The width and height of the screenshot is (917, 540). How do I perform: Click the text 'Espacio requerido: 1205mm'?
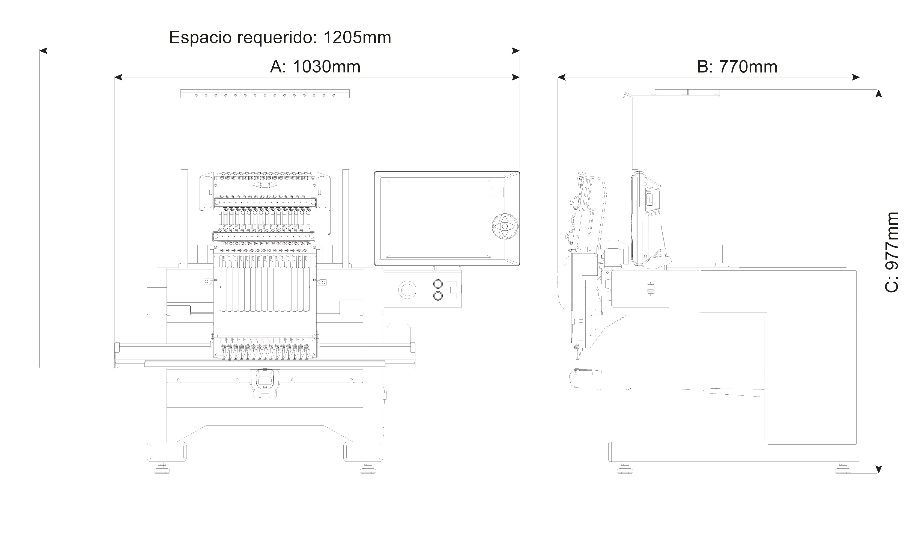[280, 38]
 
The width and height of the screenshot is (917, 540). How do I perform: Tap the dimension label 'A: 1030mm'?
[315, 67]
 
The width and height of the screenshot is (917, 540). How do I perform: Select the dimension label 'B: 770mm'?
[737, 67]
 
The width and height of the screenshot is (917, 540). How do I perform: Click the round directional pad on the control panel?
[504, 226]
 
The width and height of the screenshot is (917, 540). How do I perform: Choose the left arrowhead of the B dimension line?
[561, 77]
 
